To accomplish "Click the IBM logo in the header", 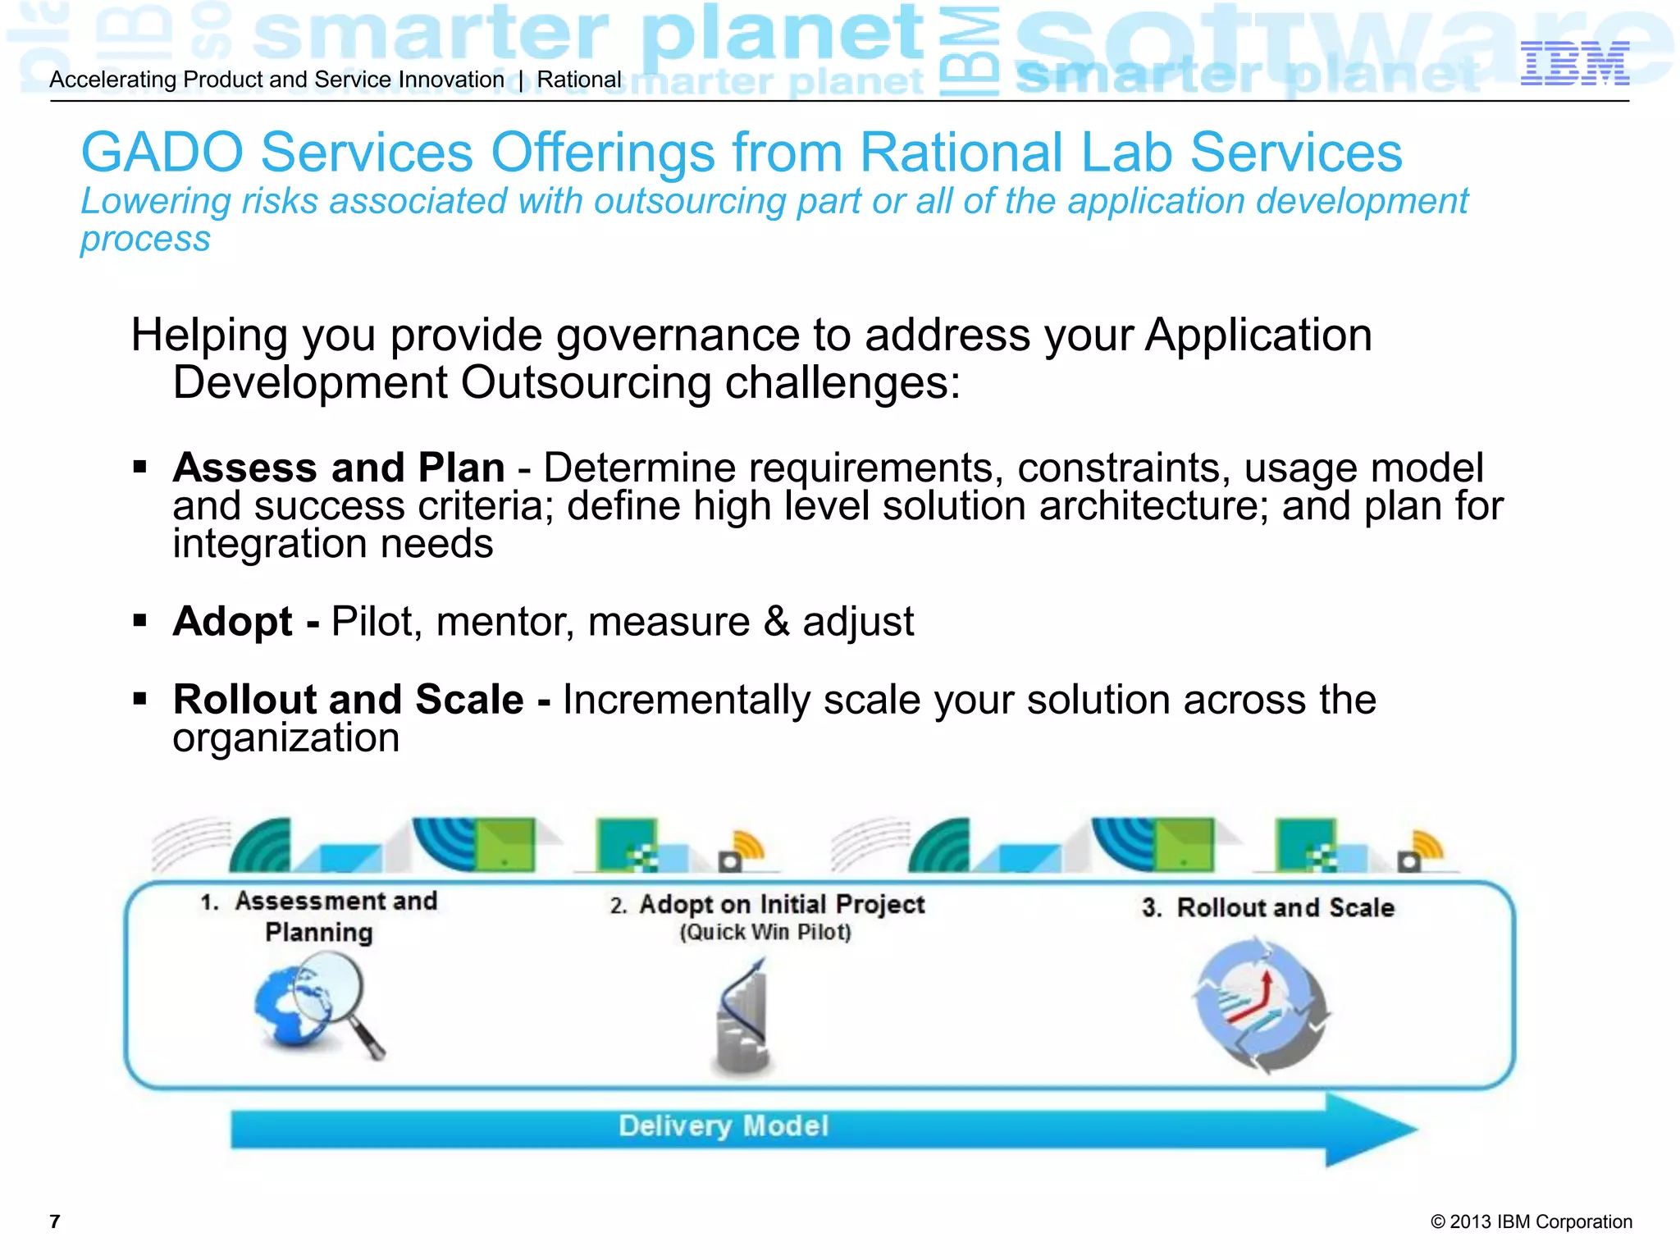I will (1574, 64).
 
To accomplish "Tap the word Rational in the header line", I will (579, 80).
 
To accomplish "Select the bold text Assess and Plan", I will (338, 468).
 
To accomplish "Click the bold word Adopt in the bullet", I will (232, 622).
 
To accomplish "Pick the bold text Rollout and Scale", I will (348, 700).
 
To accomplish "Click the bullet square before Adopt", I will (139, 621).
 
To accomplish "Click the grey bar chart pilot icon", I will (743, 1017).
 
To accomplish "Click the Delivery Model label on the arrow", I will (723, 1126).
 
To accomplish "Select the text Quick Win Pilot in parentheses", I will (765, 933).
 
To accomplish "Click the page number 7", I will (55, 1221).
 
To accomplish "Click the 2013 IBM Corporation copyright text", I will (1531, 1221).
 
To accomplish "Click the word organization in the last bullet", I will (285, 738).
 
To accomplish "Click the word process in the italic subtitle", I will (145, 240).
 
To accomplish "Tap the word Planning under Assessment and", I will (319, 933).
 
